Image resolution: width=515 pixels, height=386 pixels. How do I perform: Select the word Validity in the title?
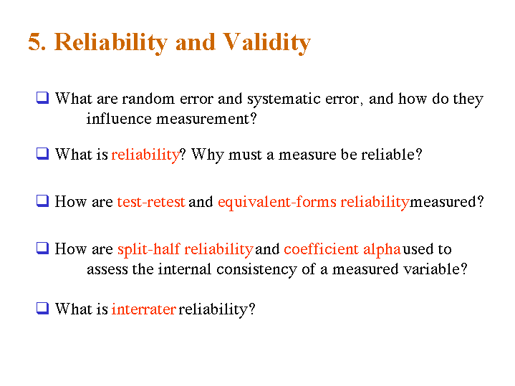266,42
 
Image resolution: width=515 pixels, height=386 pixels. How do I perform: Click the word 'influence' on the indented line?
117,119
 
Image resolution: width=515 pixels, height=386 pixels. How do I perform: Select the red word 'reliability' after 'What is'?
145,155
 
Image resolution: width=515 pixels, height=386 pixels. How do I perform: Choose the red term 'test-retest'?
151,202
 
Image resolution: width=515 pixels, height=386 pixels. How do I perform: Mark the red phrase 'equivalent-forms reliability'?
313,202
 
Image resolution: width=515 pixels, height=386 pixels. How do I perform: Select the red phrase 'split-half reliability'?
185,249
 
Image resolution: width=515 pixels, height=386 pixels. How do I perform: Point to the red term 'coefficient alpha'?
342,249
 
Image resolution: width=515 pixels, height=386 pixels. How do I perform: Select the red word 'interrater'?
143,309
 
